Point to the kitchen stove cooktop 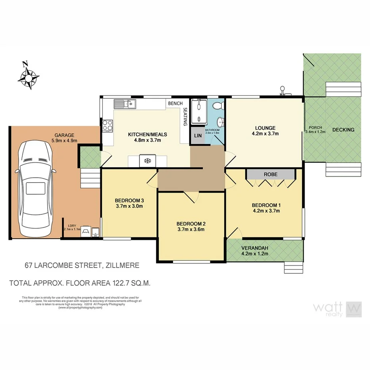coord(108,126)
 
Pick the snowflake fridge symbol coord(147,161)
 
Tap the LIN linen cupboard coord(197,136)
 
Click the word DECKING coord(343,130)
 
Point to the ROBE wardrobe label coord(270,174)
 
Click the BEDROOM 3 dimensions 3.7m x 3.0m coord(129,206)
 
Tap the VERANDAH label coord(255,248)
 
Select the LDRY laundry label coord(72,226)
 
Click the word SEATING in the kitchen coord(185,118)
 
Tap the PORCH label coord(316,128)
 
